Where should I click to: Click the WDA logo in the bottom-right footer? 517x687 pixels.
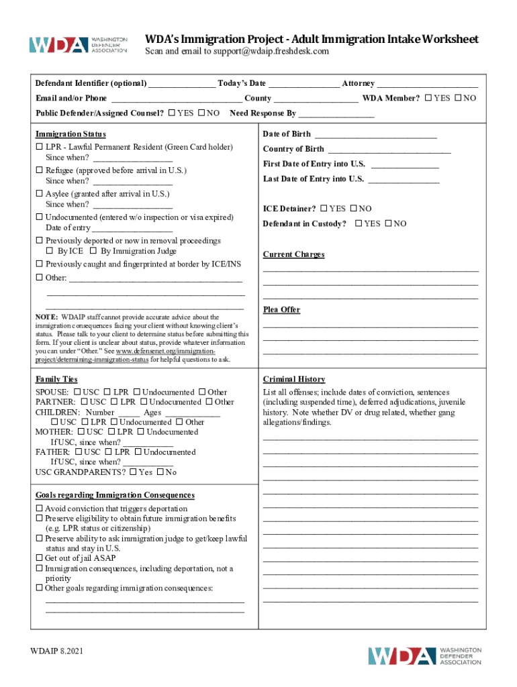point(424,655)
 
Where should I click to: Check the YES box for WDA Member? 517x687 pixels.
point(429,99)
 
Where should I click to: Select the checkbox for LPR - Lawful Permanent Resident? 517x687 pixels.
point(39,147)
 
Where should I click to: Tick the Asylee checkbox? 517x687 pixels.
point(39,194)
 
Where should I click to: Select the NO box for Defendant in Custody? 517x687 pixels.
point(389,224)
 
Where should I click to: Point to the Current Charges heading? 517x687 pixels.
point(293,255)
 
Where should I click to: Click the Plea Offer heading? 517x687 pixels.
point(281,310)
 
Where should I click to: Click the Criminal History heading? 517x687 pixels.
point(294,380)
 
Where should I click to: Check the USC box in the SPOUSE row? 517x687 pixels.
point(78,392)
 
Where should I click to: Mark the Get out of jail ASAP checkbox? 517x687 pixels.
point(39,558)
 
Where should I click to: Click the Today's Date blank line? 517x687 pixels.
point(304,84)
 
